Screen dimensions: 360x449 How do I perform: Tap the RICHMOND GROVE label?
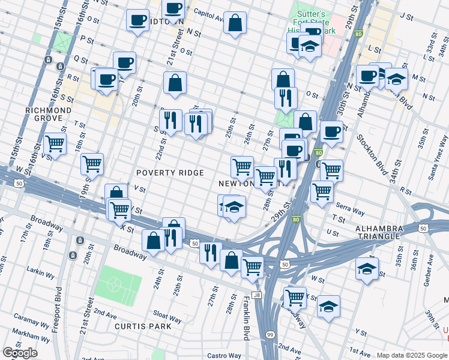(x=49, y=115)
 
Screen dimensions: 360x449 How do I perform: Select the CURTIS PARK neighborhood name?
(x=143, y=326)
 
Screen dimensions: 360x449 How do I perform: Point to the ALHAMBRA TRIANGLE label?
(x=377, y=233)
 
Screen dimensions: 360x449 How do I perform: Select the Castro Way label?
(x=224, y=356)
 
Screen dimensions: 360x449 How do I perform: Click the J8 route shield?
(x=257, y=295)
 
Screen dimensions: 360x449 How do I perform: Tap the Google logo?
(x=20, y=353)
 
